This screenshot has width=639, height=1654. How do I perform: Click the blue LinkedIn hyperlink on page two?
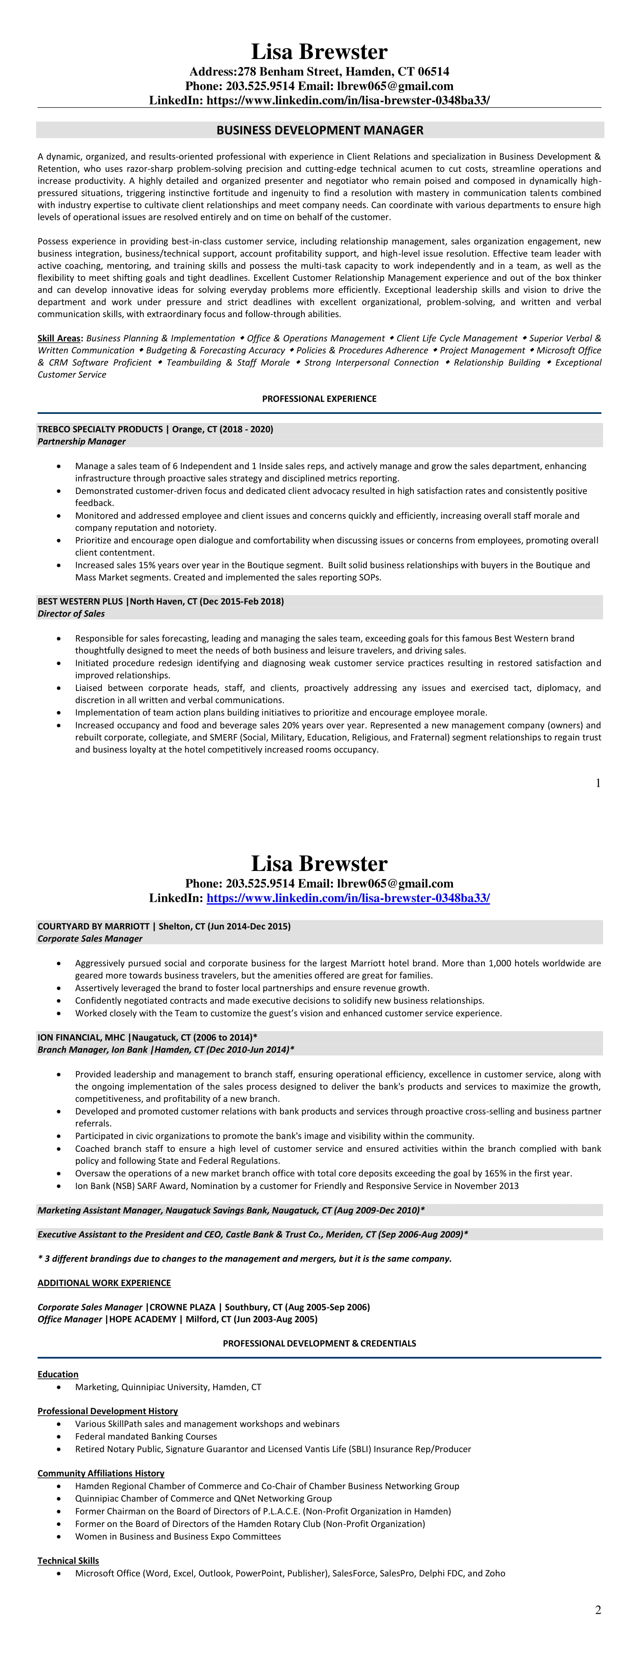[x=348, y=898]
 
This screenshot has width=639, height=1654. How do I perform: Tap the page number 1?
[x=598, y=783]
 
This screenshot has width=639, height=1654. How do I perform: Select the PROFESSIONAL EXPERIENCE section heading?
[x=319, y=399]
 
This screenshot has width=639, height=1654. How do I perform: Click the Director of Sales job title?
[x=71, y=614]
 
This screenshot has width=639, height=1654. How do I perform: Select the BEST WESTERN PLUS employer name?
[x=80, y=601]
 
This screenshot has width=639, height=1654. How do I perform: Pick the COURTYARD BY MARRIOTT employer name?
[x=93, y=927]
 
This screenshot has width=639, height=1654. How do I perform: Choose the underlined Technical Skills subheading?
[x=68, y=1560]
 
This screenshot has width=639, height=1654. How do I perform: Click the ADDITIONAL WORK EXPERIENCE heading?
[x=104, y=1283]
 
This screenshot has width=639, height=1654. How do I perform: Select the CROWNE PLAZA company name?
[x=182, y=1307]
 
